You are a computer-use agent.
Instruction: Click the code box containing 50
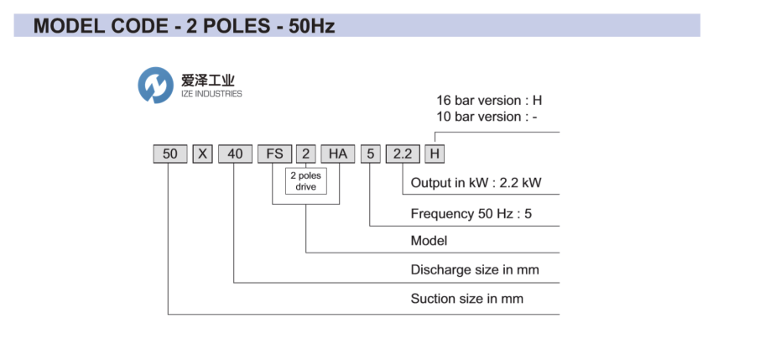tap(170, 154)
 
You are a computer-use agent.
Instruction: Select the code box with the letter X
tap(202, 154)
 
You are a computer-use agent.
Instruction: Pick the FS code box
tap(273, 154)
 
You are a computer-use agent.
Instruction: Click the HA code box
tap(337, 154)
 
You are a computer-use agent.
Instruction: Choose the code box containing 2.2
tap(403, 154)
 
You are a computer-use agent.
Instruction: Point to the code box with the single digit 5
tap(370, 154)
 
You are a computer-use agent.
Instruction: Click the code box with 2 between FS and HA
tap(306, 154)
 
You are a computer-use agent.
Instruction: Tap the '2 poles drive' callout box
tap(305, 181)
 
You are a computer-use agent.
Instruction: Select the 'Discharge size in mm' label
tap(475, 270)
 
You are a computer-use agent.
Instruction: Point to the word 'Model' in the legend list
tap(429, 241)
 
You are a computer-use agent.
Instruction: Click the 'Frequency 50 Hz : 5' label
tap(471, 213)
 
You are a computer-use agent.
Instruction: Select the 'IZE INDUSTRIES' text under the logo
tap(211, 94)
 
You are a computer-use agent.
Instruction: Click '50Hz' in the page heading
tap(311, 26)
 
